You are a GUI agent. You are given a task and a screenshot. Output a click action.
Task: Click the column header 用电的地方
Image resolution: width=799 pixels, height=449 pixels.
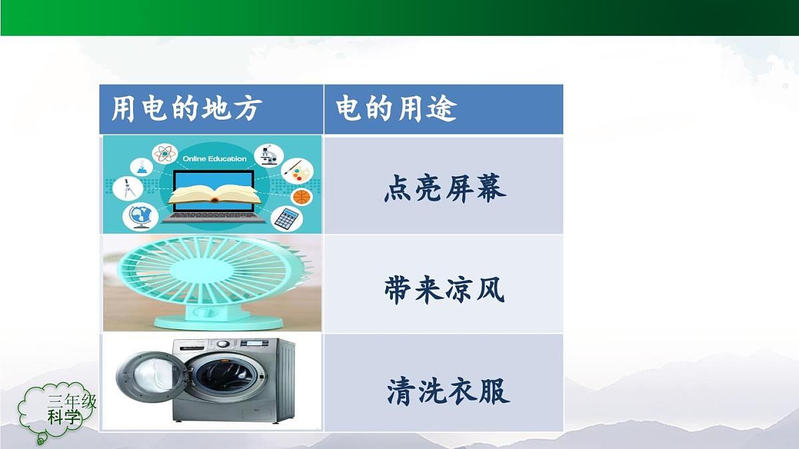186,109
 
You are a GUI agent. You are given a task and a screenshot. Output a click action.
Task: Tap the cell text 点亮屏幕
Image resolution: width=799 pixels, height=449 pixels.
444,189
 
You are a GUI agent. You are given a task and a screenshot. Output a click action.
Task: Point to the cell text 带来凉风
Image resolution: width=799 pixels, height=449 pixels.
444,290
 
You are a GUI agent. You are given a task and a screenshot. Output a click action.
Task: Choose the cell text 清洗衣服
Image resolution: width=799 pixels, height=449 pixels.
447,391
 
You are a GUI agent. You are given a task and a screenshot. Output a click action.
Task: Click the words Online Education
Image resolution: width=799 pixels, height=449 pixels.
215,159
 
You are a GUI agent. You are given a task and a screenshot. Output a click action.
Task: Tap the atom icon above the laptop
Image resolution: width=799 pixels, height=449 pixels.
164,154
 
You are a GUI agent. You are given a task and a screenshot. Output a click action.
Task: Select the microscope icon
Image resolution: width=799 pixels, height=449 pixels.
268,155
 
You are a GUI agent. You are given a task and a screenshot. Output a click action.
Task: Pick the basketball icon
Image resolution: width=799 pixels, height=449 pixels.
302,197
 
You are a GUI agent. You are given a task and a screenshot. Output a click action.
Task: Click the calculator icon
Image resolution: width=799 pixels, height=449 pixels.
286,218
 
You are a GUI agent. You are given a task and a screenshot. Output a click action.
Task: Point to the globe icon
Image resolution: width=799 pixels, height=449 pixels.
140,216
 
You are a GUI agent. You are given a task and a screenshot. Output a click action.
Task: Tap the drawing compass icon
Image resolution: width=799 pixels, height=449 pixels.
127,188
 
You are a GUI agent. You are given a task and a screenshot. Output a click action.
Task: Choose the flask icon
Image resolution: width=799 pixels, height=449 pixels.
142,167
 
